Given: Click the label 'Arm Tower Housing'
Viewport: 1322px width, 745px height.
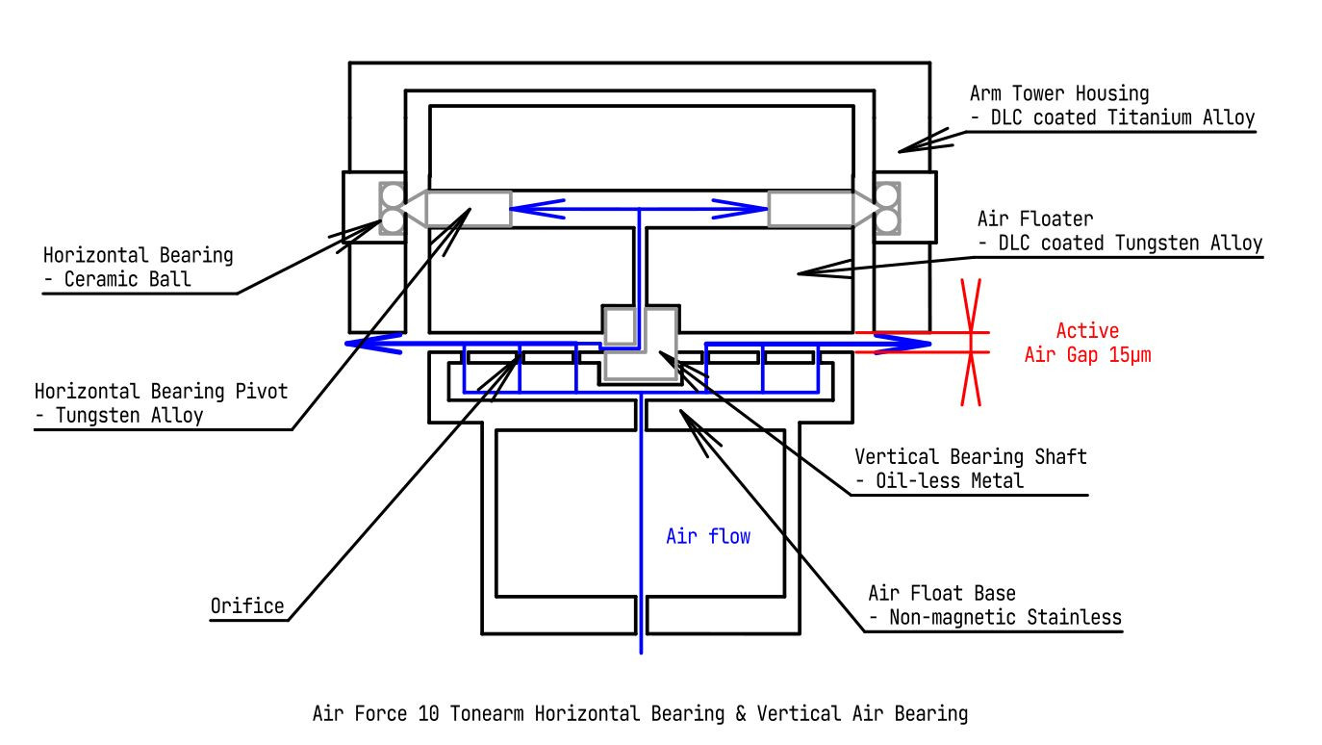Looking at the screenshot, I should pos(1059,93).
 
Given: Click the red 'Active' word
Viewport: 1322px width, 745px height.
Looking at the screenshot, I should pos(1087,331).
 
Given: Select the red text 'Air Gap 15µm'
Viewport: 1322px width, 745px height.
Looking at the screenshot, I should pos(1087,355).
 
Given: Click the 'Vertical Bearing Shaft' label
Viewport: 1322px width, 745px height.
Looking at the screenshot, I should pos(970,456).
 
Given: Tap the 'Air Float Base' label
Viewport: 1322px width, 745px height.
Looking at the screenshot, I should pos(942,593).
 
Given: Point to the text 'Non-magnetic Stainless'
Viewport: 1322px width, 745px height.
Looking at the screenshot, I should pos(1001,617).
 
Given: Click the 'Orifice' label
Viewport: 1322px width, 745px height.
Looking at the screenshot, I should pos(247,606).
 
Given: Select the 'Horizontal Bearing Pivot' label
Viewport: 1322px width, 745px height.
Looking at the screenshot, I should pos(161,392).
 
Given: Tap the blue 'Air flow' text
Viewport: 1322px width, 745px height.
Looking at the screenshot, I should pos(708,536).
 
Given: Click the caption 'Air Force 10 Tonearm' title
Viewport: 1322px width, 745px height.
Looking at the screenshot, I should pos(640,714).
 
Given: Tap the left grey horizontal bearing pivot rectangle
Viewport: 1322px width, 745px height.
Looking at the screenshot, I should pos(468,209).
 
